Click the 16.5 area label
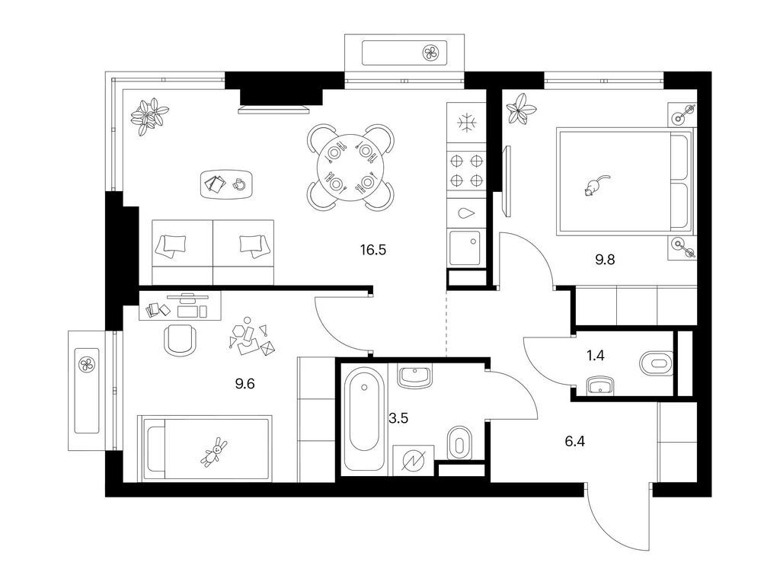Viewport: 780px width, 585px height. point(373,250)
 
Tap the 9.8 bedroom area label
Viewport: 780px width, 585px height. point(605,260)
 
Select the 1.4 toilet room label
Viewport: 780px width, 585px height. point(596,356)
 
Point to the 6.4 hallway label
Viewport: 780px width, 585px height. point(574,441)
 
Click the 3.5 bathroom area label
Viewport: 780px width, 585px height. point(398,418)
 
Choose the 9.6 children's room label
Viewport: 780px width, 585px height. point(245,384)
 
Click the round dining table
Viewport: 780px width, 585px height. point(351,167)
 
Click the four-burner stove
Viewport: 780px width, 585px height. point(466,170)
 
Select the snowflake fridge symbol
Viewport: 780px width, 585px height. point(466,123)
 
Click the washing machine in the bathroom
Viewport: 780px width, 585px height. point(414,461)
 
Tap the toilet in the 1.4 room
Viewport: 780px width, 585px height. point(656,363)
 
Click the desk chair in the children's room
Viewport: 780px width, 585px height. point(180,340)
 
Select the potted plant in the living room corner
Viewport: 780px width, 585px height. point(149,117)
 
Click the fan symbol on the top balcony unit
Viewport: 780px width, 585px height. point(431,53)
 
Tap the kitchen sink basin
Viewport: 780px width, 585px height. point(465,248)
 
